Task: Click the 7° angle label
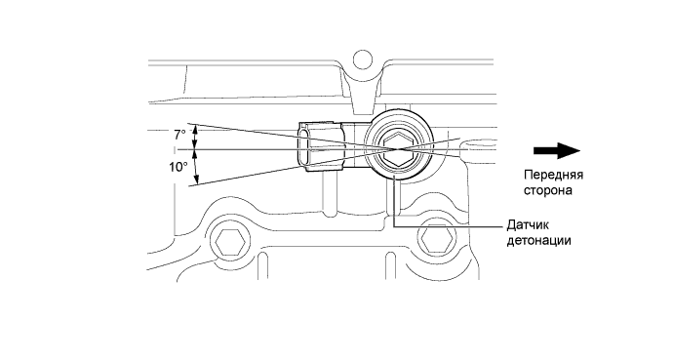179,135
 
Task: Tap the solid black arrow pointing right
556,150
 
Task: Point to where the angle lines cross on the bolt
395,149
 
